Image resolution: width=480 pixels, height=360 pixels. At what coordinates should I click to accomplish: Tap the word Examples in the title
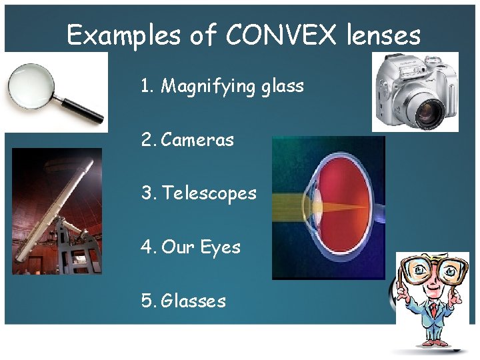[125, 35]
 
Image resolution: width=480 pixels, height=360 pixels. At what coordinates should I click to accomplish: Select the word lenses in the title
[383, 35]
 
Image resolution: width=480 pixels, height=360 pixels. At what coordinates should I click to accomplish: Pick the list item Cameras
[197, 139]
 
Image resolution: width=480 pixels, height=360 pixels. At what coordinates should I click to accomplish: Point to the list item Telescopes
[209, 193]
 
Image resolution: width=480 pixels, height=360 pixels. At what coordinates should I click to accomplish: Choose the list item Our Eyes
[201, 247]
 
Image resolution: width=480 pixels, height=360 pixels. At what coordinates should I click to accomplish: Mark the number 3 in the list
[147, 193]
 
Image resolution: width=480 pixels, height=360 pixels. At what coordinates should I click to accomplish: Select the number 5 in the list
[147, 301]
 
